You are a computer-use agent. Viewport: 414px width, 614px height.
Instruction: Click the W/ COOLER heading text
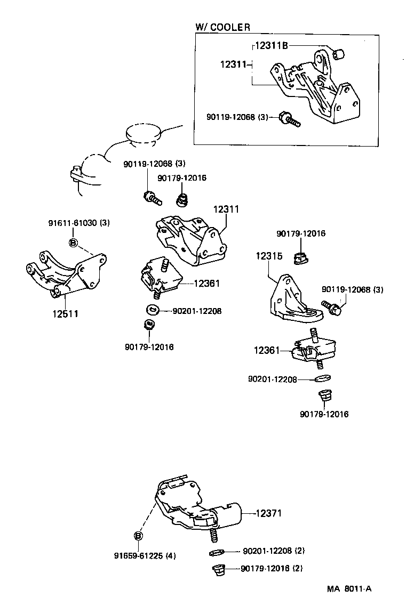point(222,27)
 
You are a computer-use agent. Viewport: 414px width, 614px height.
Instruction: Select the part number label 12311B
point(270,46)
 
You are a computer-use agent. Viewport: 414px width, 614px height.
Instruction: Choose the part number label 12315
point(268,256)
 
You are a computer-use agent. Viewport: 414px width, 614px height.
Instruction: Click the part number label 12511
point(65,314)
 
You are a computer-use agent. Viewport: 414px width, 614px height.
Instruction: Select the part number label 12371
point(268,513)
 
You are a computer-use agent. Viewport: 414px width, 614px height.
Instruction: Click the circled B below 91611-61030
point(74,243)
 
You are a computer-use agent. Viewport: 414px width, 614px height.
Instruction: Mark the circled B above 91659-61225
point(138,536)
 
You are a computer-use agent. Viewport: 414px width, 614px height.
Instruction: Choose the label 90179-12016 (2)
point(272,568)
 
